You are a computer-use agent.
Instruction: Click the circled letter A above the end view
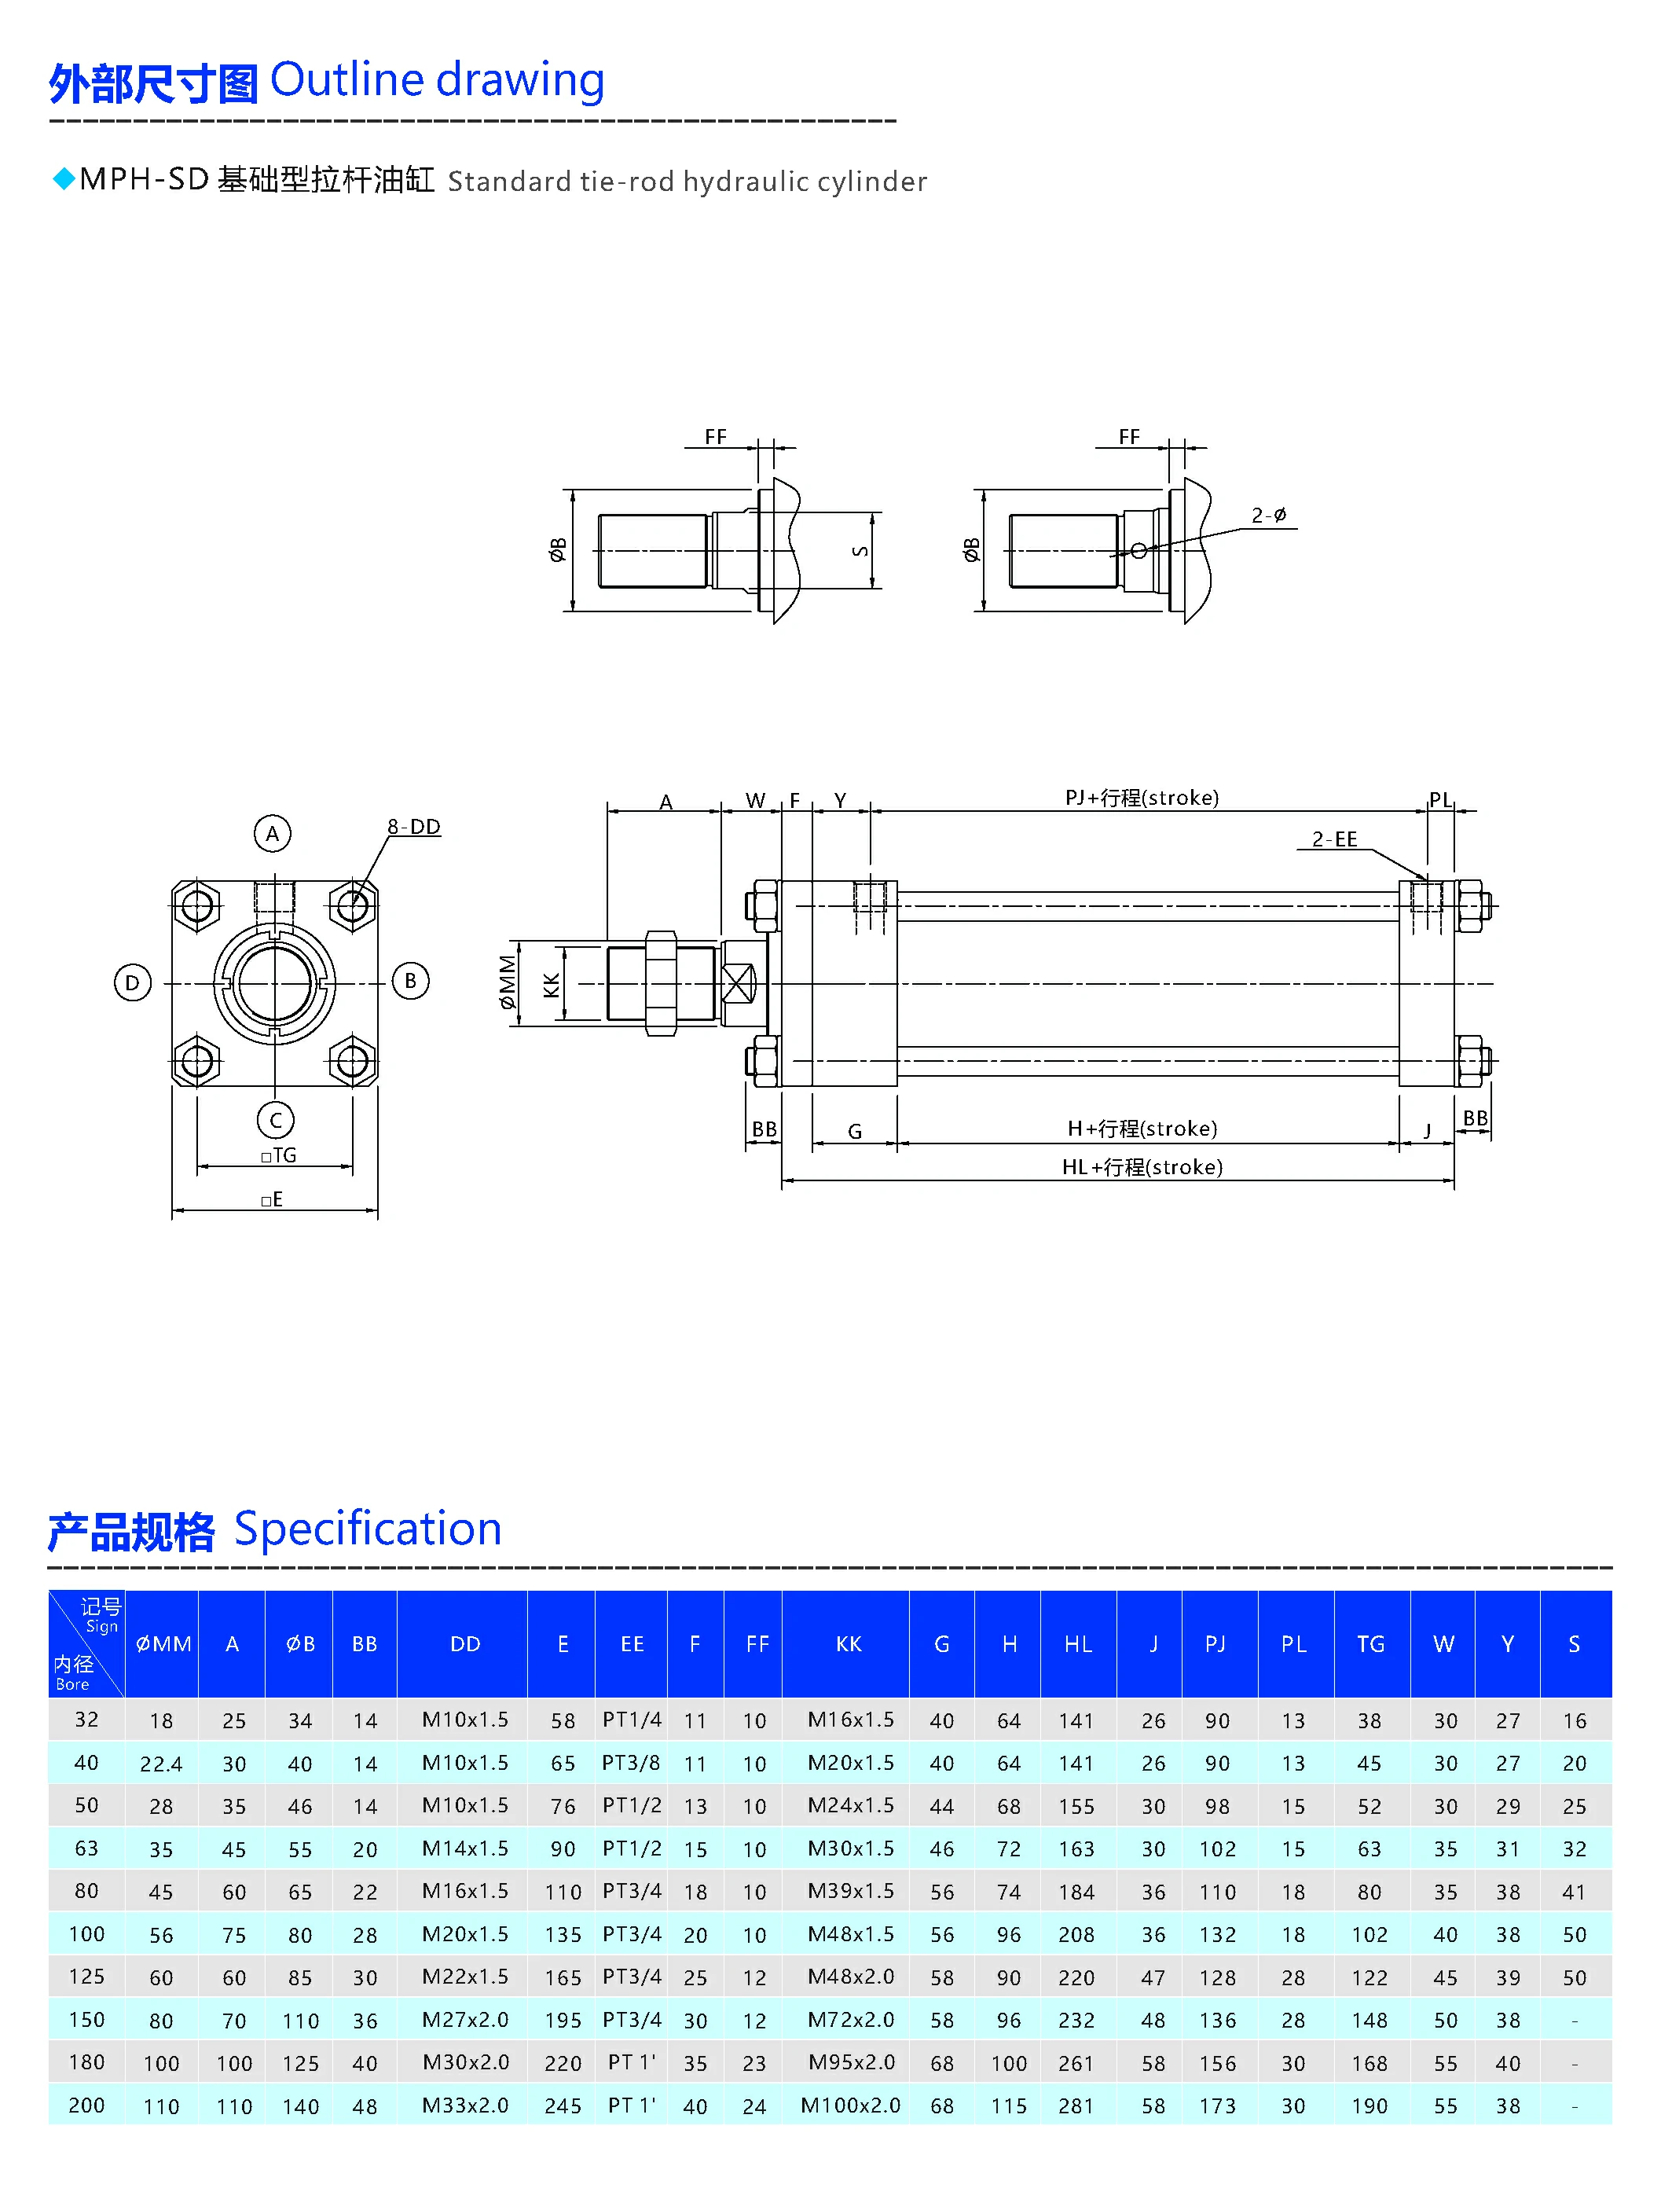(x=272, y=833)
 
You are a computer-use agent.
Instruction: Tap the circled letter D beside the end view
(x=132, y=982)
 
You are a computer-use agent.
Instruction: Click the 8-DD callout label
(x=413, y=826)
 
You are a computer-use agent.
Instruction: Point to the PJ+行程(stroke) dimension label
(x=1142, y=798)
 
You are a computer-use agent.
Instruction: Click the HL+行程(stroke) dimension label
(x=1142, y=1166)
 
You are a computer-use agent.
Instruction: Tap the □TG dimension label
(x=279, y=1155)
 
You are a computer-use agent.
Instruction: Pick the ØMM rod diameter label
(x=508, y=982)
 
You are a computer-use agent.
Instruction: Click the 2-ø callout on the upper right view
(x=1268, y=515)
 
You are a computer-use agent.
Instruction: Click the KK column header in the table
(x=848, y=1643)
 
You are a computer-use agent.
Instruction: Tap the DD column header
(x=465, y=1643)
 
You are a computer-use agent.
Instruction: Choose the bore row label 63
(x=86, y=1848)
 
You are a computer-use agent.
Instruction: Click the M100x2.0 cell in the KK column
(x=850, y=2105)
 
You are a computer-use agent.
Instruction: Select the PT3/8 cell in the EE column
(x=631, y=1763)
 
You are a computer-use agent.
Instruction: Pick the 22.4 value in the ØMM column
(x=161, y=1764)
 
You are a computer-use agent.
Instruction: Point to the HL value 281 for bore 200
(x=1076, y=2106)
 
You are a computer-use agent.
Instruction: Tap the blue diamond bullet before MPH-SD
(x=64, y=179)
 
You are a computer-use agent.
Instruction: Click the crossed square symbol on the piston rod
(x=738, y=983)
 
